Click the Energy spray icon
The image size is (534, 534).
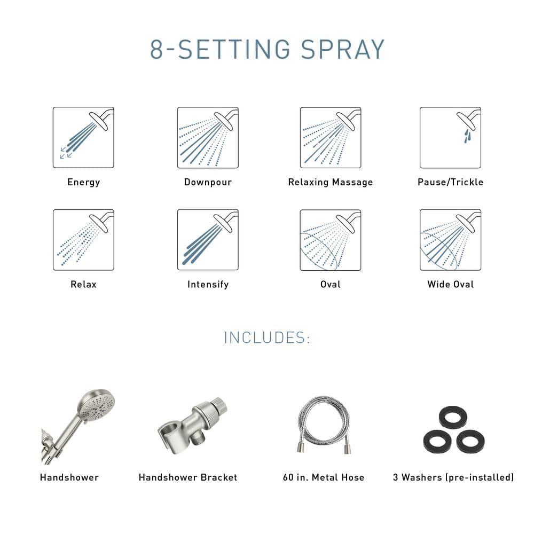tap(83, 137)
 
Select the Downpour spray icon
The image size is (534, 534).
tap(208, 137)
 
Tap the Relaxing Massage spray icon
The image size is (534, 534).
tap(330, 137)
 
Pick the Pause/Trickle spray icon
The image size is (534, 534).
tap(450, 137)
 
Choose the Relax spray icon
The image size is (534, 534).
tap(83, 240)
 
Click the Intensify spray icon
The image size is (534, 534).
tap(208, 240)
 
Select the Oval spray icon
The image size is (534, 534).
tap(330, 240)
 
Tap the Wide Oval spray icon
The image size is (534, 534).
tap(450, 240)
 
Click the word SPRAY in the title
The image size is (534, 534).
tap(343, 50)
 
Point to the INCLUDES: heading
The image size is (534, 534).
tap(267, 338)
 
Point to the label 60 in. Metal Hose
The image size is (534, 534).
tap(324, 477)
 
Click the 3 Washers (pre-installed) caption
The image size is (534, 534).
tap(453, 477)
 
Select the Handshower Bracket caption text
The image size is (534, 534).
tap(188, 477)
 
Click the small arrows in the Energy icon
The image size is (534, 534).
tap(66, 153)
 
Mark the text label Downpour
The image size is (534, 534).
tap(208, 182)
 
